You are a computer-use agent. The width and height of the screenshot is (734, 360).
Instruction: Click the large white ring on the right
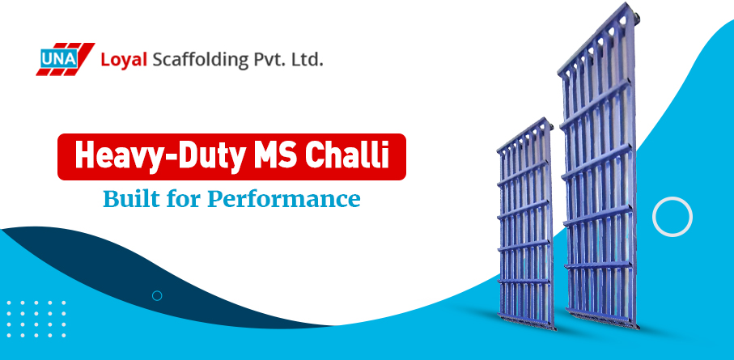point(672,216)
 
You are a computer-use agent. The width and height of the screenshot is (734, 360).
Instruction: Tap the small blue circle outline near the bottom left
point(157,295)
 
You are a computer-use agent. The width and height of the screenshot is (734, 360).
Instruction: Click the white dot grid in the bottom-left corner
point(36,317)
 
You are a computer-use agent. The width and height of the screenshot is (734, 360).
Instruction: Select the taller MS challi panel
point(599,186)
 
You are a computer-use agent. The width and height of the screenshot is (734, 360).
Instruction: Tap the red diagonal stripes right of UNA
point(81,58)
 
